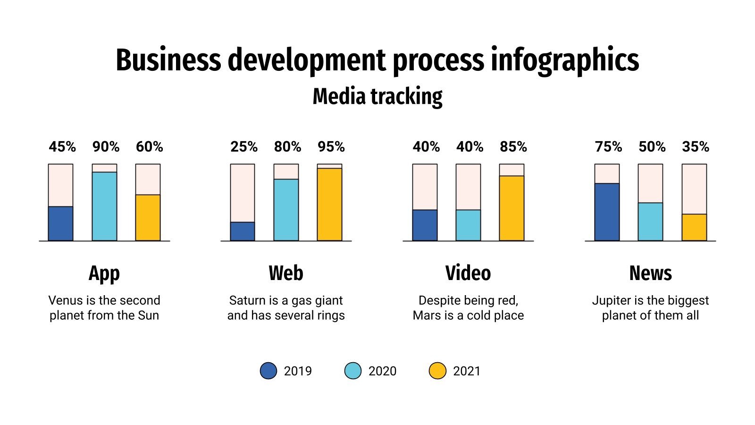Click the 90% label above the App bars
106,147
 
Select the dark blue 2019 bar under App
60,224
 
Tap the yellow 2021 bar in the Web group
329,204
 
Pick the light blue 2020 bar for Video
468,225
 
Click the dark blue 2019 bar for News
607,212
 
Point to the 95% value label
331,147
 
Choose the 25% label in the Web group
244,147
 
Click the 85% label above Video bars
513,147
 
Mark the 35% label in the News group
696,147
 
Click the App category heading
104,273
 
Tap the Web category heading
286,273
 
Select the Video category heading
468,273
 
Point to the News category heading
650,273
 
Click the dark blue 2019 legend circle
268,371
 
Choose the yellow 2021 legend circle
437,371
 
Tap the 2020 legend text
382,371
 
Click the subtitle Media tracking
377,96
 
